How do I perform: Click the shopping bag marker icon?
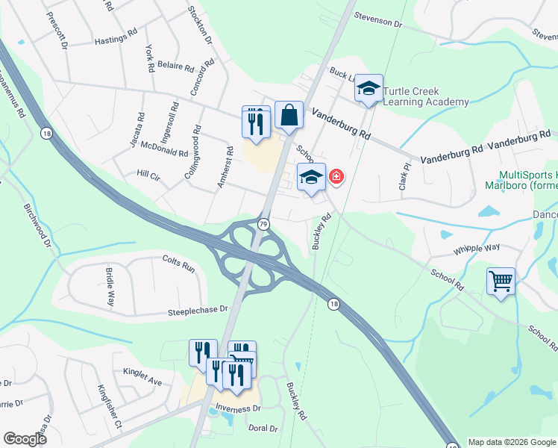pyautogui.click(x=289, y=116)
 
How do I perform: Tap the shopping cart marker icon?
pyautogui.click(x=501, y=282)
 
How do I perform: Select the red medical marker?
pyautogui.click(x=336, y=176)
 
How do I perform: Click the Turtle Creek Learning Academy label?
pyautogui.click(x=426, y=96)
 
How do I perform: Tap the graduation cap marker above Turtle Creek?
pyautogui.click(x=369, y=89)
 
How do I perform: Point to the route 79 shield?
pyautogui.click(x=263, y=224)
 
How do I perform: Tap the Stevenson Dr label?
pyautogui.click(x=377, y=21)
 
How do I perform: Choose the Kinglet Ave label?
pyautogui.click(x=142, y=382)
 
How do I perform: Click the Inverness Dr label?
pyautogui.click(x=238, y=408)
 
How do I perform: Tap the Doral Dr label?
pyautogui.click(x=263, y=429)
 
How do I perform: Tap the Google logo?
pyautogui.click(x=25, y=439)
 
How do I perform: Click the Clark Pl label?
pyautogui.click(x=404, y=177)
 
